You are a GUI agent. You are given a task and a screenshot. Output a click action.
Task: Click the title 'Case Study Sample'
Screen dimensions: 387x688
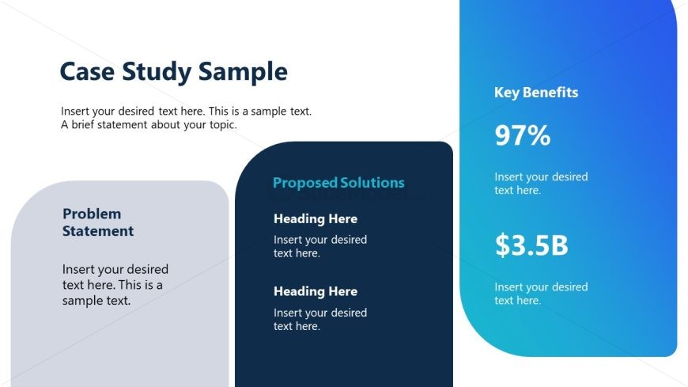coord(173,72)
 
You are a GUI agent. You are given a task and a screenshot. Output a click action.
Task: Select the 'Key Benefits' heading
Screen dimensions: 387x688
coord(536,93)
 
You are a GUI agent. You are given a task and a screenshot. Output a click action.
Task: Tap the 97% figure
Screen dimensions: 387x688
coord(522,136)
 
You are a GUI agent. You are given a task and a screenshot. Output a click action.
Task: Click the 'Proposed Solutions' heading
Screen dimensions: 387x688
coord(338,183)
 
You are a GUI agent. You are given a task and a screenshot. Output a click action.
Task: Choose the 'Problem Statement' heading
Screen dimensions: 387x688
coord(98,222)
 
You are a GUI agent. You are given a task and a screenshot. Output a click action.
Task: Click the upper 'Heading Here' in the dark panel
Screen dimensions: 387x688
coord(316,219)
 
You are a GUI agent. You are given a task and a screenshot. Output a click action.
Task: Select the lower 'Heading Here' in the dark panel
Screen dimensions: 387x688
coord(316,291)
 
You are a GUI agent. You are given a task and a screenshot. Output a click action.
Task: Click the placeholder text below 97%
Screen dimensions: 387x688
coord(541,184)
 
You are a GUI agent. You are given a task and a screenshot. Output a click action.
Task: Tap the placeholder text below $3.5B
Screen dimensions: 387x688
coord(541,294)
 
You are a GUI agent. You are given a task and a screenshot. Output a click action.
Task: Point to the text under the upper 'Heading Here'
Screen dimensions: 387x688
coord(320,246)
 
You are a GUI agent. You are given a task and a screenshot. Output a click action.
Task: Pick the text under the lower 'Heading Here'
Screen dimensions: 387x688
coord(320,319)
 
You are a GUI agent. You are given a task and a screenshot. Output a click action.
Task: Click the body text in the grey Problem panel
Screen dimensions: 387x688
coord(115,285)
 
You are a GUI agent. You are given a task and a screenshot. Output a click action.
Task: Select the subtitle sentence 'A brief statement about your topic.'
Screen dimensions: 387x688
coord(149,125)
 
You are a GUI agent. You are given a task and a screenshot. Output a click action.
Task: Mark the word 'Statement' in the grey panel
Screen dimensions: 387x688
coord(98,231)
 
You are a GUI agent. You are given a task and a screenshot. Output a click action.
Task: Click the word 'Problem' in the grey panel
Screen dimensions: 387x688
coord(92,214)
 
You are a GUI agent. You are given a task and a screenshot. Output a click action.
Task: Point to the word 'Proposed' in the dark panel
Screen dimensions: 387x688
coord(304,183)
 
